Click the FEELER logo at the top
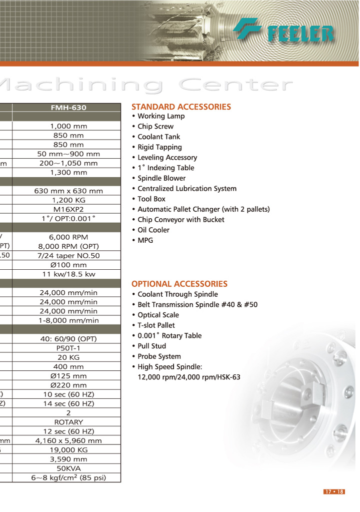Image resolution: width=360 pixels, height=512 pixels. point(284,30)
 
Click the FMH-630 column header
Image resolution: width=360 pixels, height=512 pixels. point(68,108)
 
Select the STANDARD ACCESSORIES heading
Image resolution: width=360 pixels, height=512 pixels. point(181,107)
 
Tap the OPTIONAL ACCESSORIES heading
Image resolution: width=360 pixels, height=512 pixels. point(179,284)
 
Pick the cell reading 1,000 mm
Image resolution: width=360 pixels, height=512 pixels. point(68,127)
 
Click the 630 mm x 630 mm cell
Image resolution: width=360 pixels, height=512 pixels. point(68,191)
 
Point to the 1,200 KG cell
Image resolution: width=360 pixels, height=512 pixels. point(68,200)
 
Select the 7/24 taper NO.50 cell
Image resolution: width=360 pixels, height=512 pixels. point(68,256)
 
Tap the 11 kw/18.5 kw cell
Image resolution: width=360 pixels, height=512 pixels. point(68,274)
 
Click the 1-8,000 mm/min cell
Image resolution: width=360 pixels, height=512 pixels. point(68,320)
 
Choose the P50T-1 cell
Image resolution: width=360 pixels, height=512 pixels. point(68,348)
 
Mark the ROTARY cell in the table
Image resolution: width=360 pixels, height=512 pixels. point(68,422)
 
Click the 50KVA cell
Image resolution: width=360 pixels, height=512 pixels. point(68,468)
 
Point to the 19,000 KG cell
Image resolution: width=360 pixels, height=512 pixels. point(68,450)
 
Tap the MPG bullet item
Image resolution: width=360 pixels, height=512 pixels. point(145,240)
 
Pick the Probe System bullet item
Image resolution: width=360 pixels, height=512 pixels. point(159,356)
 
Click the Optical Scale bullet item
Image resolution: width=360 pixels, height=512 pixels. point(158,315)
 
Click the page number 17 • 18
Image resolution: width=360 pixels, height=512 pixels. point(334,492)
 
